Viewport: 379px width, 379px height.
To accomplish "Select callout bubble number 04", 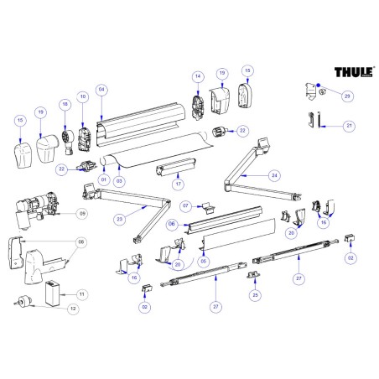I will [101, 90].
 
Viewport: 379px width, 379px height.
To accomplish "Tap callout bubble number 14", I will [199, 76].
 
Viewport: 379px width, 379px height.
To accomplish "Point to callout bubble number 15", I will [20, 122].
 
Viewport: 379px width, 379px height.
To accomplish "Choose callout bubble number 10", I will [83, 98].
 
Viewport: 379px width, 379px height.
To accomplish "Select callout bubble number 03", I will [119, 179].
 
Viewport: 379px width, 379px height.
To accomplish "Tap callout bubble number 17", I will [177, 183].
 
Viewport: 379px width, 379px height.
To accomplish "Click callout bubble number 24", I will [273, 175].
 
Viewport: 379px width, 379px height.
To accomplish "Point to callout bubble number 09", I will [82, 214].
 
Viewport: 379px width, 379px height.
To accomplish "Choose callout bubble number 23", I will [120, 219].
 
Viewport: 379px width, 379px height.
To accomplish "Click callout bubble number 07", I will [186, 205].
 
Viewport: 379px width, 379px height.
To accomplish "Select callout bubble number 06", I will [171, 224].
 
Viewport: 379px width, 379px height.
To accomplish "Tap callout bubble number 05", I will [202, 261].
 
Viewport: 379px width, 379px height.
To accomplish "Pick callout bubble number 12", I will [73, 309].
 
